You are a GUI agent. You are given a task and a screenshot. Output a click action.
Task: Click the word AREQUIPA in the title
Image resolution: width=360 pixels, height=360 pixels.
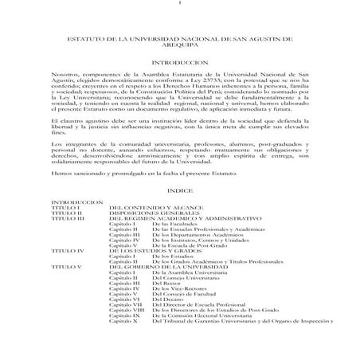[x=180, y=68]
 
